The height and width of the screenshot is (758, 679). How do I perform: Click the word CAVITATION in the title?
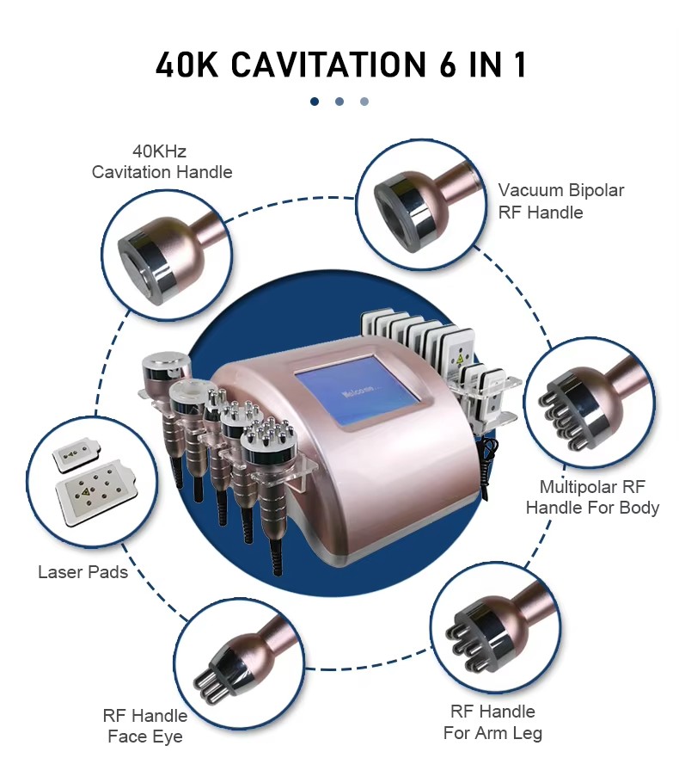pos(328,65)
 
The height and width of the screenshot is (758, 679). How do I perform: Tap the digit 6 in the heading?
pos(448,65)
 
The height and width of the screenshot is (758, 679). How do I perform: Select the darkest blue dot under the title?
pos(315,102)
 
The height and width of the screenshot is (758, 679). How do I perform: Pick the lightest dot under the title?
pos(364,102)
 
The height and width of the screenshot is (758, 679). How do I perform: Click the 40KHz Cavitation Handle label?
pos(162,162)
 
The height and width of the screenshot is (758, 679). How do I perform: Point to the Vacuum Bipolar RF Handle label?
pos(560,201)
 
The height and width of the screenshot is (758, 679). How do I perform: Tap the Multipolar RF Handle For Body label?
pos(592,497)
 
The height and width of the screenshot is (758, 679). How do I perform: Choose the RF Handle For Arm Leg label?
pos(492,722)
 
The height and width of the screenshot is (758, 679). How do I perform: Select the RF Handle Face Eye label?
pos(145,725)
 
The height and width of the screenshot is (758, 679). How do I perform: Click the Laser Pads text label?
pos(83,572)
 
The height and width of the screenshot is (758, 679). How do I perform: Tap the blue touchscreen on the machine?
pos(358,391)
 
